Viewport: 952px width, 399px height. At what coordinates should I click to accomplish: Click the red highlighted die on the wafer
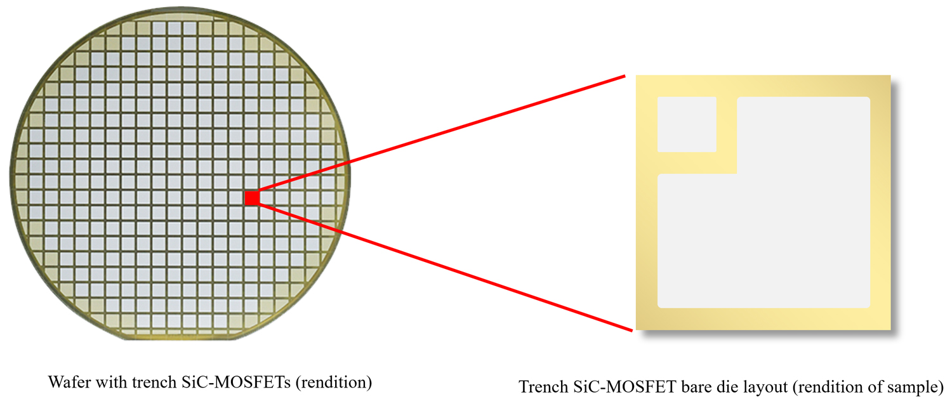[x=252, y=198]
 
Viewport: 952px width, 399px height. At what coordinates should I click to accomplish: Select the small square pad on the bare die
[x=687, y=124]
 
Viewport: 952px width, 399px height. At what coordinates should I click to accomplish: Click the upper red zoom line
[x=442, y=133]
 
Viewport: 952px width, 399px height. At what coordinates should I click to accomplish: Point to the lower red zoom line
[x=446, y=267]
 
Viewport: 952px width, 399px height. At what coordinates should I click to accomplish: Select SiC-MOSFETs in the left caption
[x=236, y=382]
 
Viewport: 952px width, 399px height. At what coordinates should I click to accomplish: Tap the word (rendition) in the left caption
[x=334, y=383]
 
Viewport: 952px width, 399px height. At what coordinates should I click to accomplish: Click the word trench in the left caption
[x=154, y=382]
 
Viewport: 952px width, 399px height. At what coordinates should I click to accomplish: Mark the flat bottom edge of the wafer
[x=181, y=339]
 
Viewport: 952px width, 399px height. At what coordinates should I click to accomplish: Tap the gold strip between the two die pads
[x=727, y=135]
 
